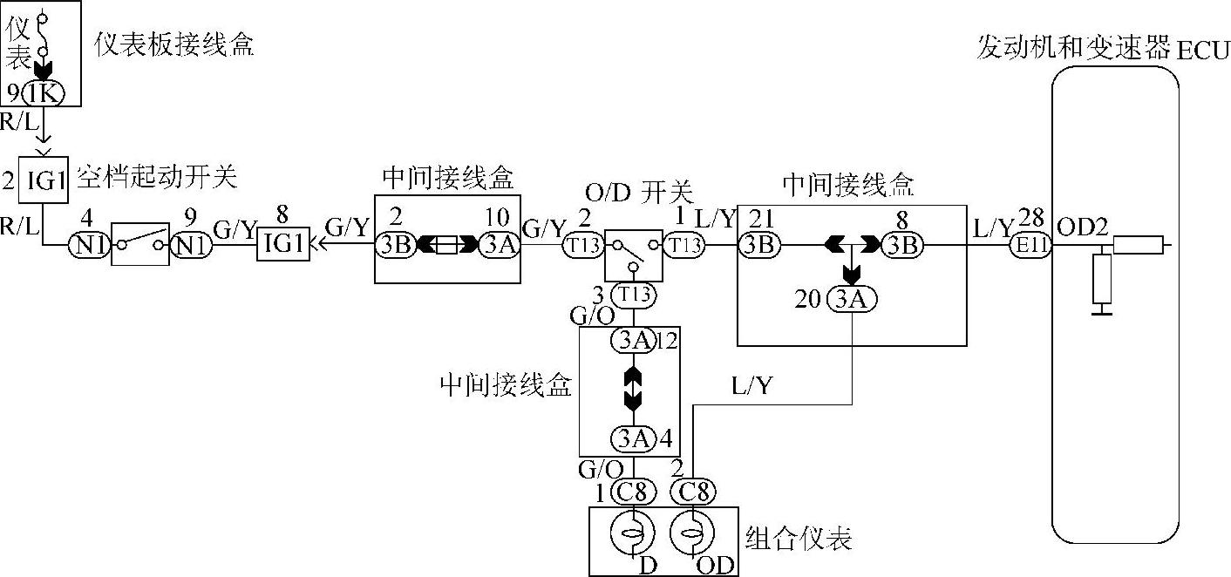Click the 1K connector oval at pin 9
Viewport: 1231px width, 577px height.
(41, 93)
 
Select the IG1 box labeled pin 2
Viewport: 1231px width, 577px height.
(43, 182)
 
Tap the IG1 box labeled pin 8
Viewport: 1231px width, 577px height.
(283, 247)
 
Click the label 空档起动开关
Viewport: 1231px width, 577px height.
(157, 178)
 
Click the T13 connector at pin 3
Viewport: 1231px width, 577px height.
(635, 295)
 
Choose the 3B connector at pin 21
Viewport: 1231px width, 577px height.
(758, 247)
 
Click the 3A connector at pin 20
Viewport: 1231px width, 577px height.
(852, 300)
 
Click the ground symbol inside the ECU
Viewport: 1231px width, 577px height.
(1103, 306)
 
